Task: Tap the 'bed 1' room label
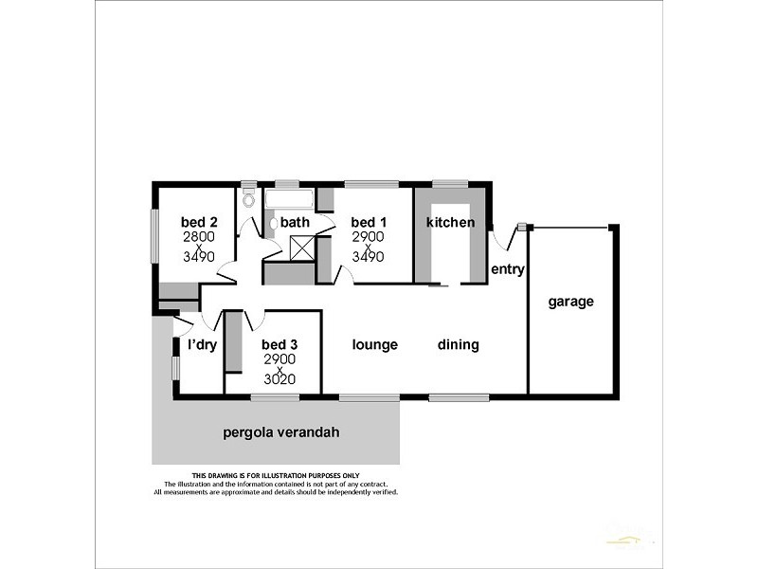(368, 222)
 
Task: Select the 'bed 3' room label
(280, 345)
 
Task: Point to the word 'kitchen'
(450, 222)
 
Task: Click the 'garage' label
(570, 302)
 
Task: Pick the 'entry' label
(508, 269)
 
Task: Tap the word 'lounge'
(374, 345)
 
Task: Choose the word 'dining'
(459, 345)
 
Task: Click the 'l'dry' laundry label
(202, 345)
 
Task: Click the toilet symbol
(249, 199)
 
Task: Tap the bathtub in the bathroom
(289, 199)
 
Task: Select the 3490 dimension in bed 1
(368, 256)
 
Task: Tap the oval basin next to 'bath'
(272, 224)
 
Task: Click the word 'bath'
(295, 222)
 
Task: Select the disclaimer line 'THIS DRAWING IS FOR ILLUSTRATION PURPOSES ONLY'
(276, 475)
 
